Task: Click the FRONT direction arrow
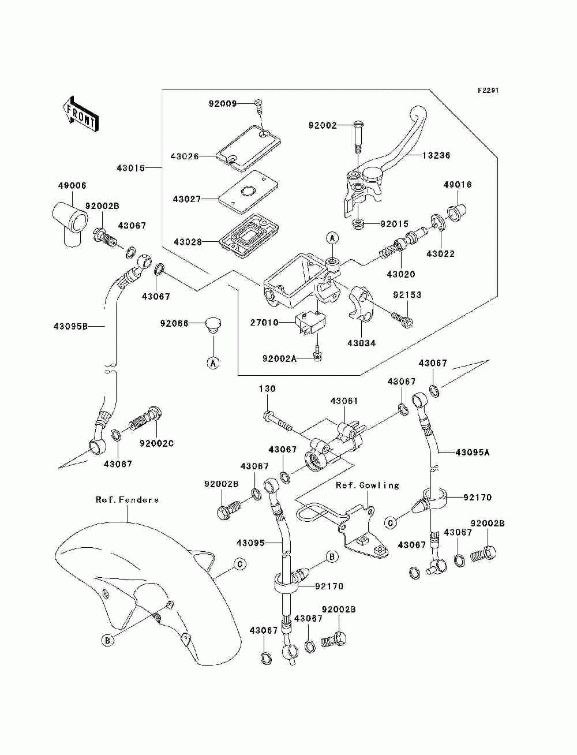click(80, 114)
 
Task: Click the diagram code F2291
click(488, 91)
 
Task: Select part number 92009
click(223, 103)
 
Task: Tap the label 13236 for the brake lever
click(436, 155)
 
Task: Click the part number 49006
click(72, 186)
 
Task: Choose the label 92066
click(174, 323)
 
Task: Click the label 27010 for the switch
click(264, 323)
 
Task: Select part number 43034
click(361, 343)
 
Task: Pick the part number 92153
click(407, 295)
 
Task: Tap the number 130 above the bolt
click(267, 388)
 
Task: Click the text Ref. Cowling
click(368, 485)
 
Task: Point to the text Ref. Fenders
click(128, 499)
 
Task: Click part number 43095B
click(70, 326)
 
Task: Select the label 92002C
click(156, 443)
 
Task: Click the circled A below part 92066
click(213, 362)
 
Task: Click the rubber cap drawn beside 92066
click(213, 326)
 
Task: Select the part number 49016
click(458, 185)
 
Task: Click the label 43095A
click(472, 453)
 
